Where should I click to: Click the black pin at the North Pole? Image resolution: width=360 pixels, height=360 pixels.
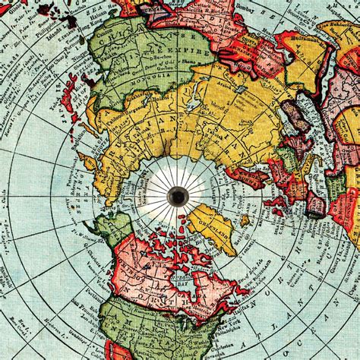[x=180, y=196]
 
